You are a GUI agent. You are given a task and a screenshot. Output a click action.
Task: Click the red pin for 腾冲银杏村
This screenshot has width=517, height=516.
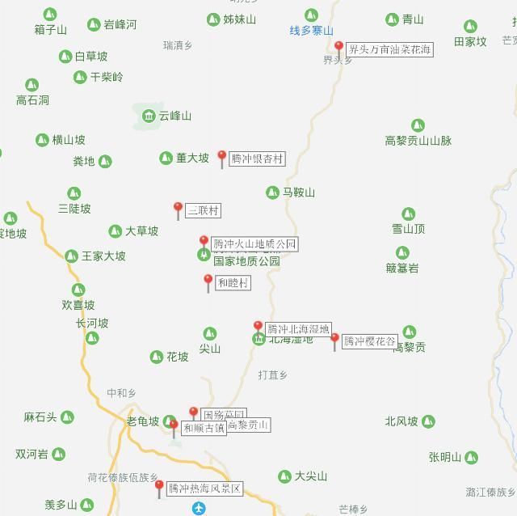(222, 158)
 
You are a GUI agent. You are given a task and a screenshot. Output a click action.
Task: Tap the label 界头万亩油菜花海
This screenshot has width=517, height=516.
(389, 49)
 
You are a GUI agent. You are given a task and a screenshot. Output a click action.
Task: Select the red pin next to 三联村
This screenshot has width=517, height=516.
(178, 209)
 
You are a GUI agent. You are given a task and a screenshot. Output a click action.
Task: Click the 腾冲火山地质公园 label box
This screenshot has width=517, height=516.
(254, 243)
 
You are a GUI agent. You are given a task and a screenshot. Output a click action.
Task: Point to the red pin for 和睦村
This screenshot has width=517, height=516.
(208, 281)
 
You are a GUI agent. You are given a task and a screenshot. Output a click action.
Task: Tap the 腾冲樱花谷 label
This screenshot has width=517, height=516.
(370, 341)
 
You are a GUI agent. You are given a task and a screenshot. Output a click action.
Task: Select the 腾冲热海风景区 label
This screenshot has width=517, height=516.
(204, 489)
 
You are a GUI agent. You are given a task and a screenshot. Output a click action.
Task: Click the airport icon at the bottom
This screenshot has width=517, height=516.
(200, 509)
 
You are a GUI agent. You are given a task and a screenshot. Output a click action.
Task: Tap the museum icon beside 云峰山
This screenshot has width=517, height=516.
(149, 116)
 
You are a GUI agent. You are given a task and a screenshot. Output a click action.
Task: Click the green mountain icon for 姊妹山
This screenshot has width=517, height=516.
(213, 19)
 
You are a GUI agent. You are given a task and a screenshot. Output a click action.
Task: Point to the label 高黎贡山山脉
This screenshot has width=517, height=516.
(418, 141)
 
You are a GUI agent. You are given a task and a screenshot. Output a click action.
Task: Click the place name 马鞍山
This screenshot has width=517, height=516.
(298, 192)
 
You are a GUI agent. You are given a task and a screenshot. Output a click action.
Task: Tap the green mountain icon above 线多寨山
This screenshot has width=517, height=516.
(311, 15)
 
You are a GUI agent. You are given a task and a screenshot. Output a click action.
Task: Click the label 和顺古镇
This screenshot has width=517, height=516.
(204, 428)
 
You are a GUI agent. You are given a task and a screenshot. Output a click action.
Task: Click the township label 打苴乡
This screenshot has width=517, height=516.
(272, 374)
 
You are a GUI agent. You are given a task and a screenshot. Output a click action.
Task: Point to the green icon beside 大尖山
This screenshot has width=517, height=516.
(284, 476)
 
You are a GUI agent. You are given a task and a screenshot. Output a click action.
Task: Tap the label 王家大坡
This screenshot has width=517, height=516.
(103, 256)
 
